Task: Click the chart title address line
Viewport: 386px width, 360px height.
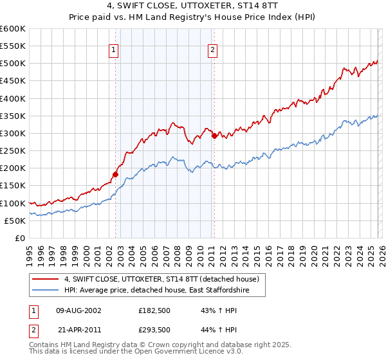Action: [192, 6]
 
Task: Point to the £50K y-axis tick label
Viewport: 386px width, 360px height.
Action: [14, 221]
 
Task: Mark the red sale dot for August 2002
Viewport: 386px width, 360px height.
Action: [116, 174]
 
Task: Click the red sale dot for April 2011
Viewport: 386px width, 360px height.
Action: [214, 136]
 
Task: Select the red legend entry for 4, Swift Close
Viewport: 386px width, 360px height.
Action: [161, 279]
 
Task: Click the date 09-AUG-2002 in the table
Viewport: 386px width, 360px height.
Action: [78, 310]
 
